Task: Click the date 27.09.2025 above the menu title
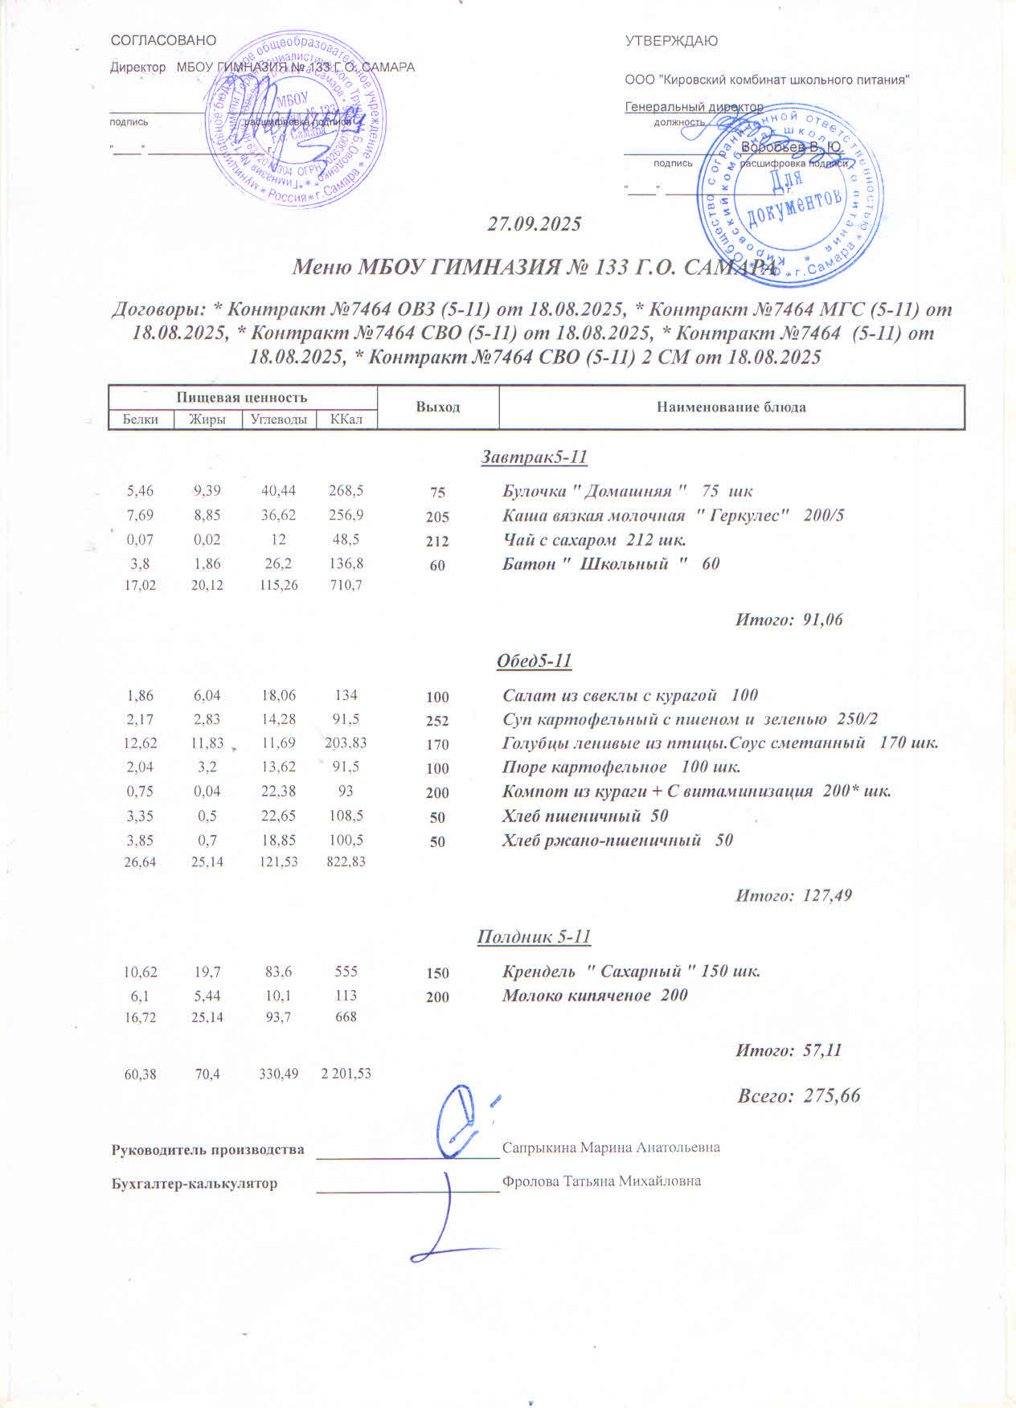coord(535,224)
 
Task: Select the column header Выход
coord(438,407)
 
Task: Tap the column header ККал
coord(346,419)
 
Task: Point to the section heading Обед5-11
coord(535,661)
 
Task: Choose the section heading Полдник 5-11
coord(535,936)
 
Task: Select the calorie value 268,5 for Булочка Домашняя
coord(346,490)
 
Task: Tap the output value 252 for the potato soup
coord(437,721)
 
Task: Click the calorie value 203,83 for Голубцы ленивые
coord(346,743)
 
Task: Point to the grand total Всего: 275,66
coord(799,1095)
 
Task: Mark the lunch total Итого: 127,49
coord(793,894)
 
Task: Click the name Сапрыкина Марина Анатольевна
coord(611,1148)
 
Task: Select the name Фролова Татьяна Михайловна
coord(601,1181)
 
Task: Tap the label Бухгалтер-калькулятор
coord(194,1183)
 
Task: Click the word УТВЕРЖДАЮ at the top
coord(671,41)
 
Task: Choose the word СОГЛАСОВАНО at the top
coord(163,40)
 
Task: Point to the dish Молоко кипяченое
coord(595,995)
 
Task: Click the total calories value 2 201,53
coord(346,1074)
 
